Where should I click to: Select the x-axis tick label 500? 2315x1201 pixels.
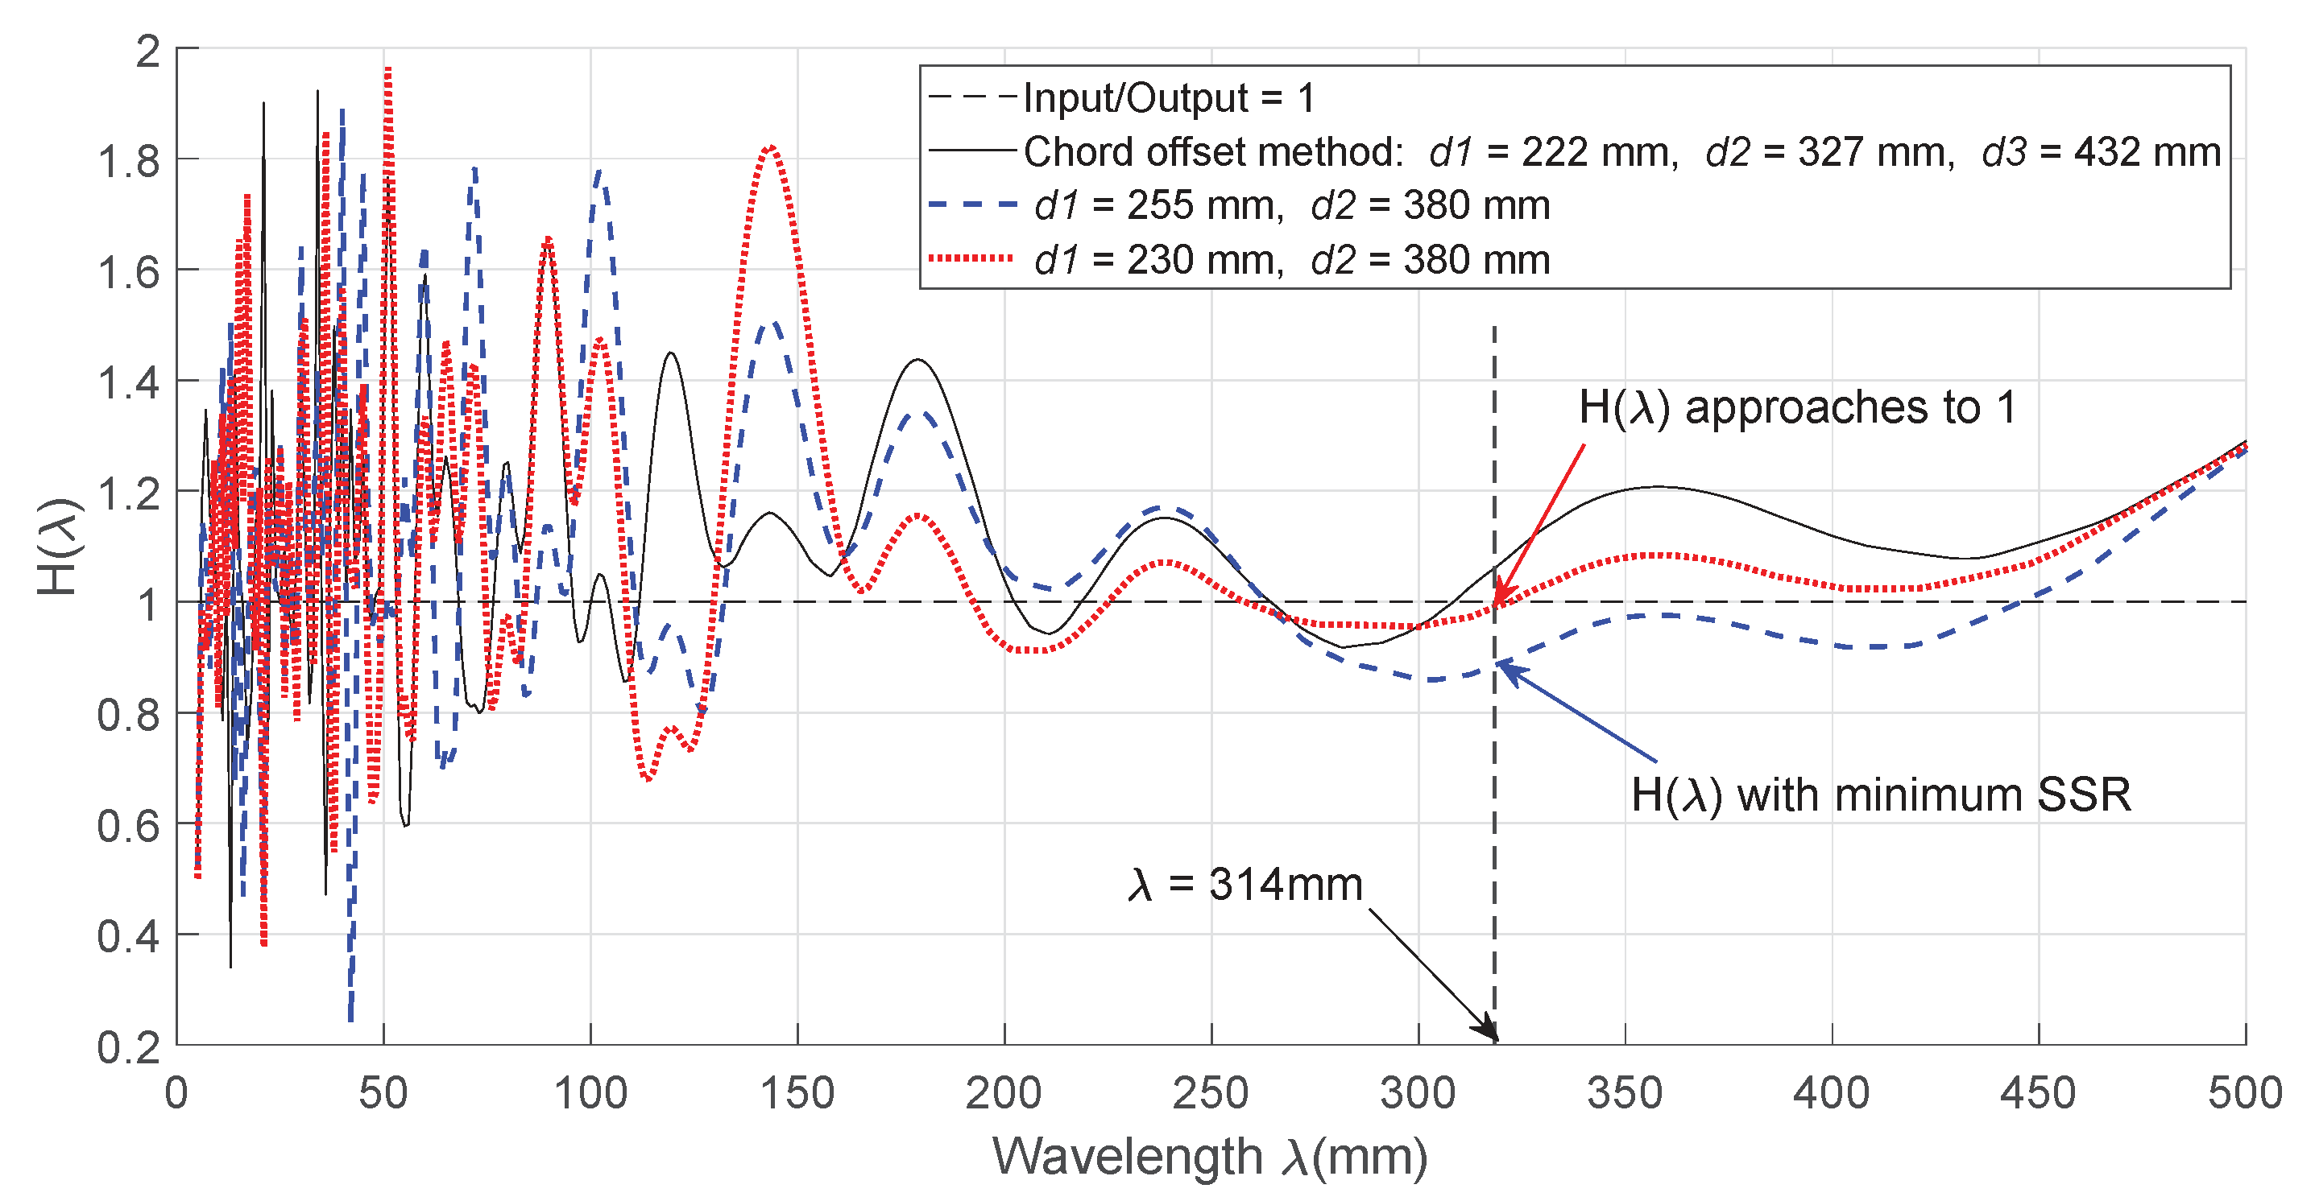point(2244,1094)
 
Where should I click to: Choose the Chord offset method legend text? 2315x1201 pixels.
point(1213,152)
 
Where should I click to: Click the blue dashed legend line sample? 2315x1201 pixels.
point(972,206)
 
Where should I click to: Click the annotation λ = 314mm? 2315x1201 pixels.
point(1245,885)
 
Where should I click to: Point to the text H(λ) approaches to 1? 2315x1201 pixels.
point(1797,408)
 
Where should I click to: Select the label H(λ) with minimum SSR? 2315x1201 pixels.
point(1880,796)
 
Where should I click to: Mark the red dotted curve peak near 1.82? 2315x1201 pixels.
point(770,147)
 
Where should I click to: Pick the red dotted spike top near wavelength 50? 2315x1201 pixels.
point(387,70)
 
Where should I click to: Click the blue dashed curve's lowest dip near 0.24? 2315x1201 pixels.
point(350,1017)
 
